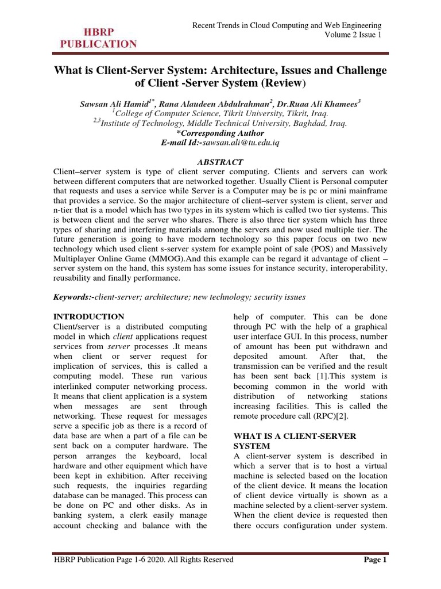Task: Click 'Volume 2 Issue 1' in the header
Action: tap(353, 35)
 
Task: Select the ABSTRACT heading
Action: tap(220, 162)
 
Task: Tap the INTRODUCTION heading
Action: tap(88, 316)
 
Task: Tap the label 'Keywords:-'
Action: tap(73, 297)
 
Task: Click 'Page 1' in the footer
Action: tap(376, 560)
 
